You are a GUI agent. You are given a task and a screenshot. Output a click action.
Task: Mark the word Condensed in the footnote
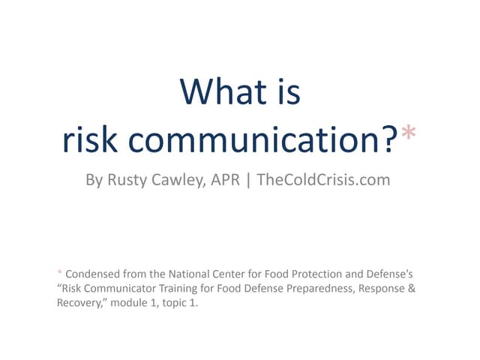[94, 272]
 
